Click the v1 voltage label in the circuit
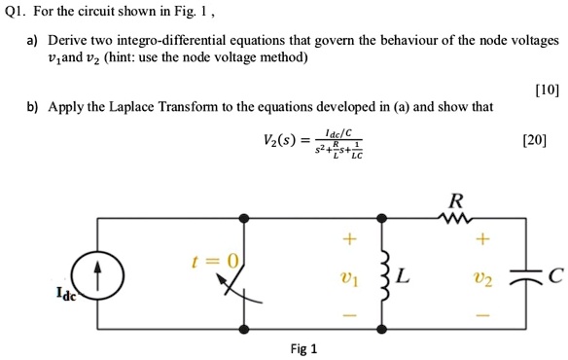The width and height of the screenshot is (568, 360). pos(347,277)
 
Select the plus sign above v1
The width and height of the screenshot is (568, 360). pos(347,239)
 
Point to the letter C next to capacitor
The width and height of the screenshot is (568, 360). pos(554,276)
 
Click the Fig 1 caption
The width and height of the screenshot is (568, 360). pos(302,348)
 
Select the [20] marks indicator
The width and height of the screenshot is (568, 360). pos(534,139)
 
